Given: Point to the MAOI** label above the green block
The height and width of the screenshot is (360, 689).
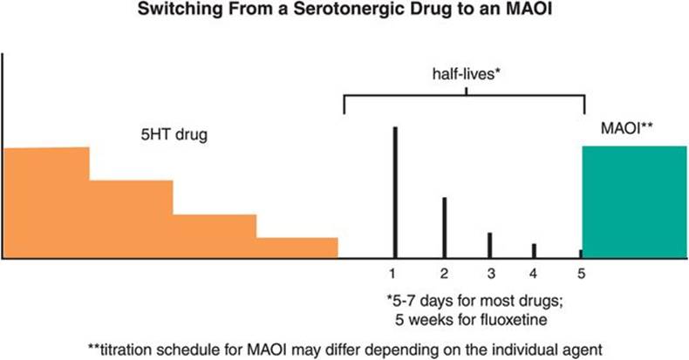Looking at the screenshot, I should click(628, 129).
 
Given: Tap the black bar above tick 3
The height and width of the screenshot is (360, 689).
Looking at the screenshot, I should click(489, 245).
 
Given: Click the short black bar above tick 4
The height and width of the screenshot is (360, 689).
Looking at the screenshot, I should click(534, 251).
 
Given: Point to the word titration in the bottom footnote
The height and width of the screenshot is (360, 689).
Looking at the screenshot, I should click(124, 347).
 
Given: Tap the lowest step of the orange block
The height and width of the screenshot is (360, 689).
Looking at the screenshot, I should click(297, 248).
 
